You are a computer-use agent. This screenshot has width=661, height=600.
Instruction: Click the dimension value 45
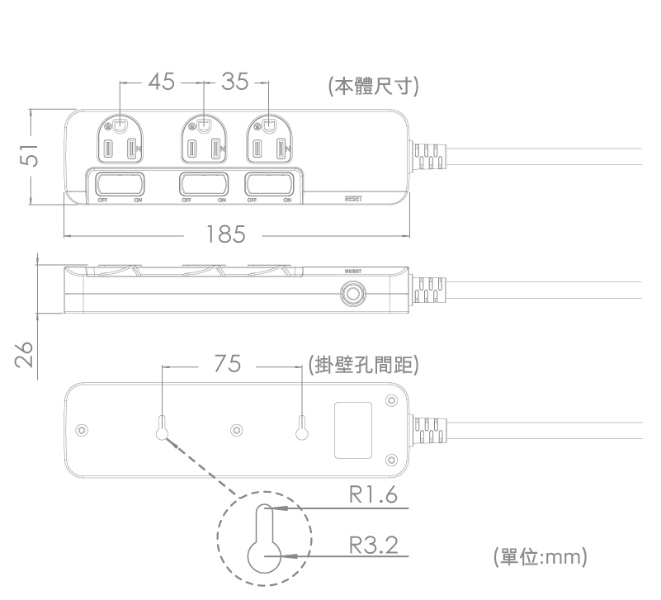click(x=162, y=82)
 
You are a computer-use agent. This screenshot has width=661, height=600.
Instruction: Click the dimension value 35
click(x=235, y=82)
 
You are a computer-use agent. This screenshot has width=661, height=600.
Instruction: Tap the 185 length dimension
click(x=225, y=234)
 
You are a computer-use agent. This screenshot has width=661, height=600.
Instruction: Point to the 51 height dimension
click(x=30, y=154)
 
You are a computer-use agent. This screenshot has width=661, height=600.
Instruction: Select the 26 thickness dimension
click(x=24, y=354)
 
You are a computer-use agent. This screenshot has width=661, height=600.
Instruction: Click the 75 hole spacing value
click(x=227, y=363)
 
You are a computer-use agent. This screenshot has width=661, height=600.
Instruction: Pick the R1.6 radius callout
click(x=373, y=494)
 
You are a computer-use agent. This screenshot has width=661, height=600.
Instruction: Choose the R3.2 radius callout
click(x=374, y=545)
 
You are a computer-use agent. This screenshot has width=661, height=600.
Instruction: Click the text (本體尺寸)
click(x=374, y=86)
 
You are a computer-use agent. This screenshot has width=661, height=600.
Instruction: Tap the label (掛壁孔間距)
click(x=363, y=364)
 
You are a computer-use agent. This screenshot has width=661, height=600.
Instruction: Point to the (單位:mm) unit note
click(x=540, y=556)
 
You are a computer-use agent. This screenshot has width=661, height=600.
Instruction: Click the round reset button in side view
click(x=353, y=293)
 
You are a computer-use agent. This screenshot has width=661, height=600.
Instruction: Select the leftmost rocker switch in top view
click(x=120, y=184)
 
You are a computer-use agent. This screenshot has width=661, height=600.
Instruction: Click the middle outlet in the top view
click(x=204, y=139)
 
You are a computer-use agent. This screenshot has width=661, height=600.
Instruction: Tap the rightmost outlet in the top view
click(x=269, y=139)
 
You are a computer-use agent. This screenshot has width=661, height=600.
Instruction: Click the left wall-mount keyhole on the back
click(x=162, y=428)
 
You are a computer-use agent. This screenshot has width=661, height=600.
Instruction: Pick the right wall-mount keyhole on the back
click(x=302, y=428)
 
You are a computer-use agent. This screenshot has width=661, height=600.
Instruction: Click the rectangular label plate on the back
click(x=353, y=430)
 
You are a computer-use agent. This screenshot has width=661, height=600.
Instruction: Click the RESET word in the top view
click(x=353, y=199)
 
